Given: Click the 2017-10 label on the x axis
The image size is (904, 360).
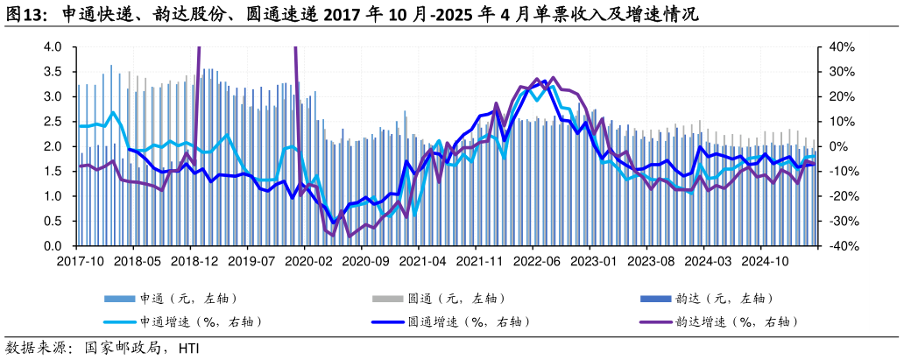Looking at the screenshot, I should pos(80,261).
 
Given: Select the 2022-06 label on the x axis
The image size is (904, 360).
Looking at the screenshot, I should pos(536,261).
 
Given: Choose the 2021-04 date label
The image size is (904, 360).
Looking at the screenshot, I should pos(422,261).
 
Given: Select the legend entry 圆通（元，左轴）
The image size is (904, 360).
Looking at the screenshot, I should pos(456,299).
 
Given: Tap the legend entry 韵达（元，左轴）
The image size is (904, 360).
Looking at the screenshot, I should pos(724,299).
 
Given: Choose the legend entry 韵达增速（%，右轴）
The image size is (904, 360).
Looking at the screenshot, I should pos(737,321).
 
